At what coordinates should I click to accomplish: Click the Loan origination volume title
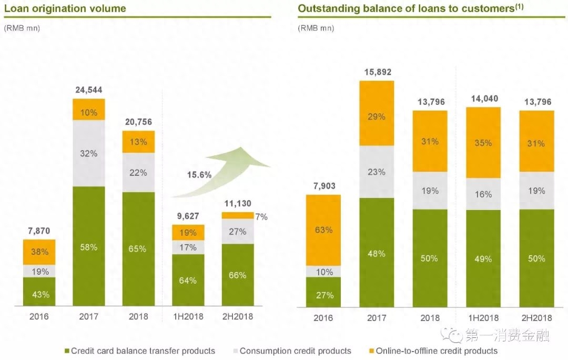[65, 8]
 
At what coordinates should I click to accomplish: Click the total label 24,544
[89, 90]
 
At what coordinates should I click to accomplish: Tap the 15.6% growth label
[199, 175]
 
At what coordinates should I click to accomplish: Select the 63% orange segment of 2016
[323, 230]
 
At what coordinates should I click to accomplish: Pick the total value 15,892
[377, 72]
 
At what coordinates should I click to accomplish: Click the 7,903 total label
[323, 186]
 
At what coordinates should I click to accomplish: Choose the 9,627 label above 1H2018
[188, 216]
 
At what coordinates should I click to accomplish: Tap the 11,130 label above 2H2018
[238, 203]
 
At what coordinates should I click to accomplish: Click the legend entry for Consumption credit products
[291, 351]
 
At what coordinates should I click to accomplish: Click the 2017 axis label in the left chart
[89, 316]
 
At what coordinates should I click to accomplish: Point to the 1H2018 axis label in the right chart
[483, 318]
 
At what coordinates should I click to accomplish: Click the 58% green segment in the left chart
[89, 246]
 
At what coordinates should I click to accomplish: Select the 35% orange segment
[483, 143]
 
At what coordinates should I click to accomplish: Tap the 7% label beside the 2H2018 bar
[262, 216]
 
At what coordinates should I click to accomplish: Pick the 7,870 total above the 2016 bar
[39, 231]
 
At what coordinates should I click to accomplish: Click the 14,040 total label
[483, 98]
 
